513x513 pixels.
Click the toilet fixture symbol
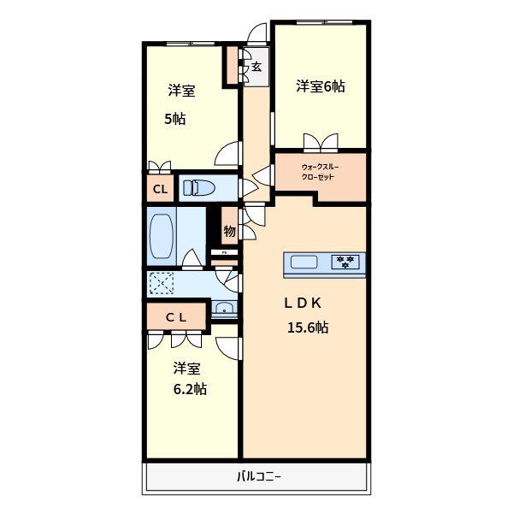[x=199, y=188]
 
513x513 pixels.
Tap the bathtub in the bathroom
[x=162, y=236]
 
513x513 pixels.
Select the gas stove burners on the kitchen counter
[x=345, y=262]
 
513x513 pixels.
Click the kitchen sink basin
[x=304, y=262]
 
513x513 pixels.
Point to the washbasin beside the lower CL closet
[x=224, y=308]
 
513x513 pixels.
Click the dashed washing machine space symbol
[x=162, y=283]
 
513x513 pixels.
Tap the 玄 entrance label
[x=256, y=67]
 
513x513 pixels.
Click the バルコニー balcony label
[x=259, y=476]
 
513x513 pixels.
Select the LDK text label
[x=303, y=303]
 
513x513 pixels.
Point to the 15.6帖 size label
[x=308, y=327]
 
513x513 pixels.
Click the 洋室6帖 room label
[x=321, y=86]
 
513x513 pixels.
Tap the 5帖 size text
[x=174, y=119]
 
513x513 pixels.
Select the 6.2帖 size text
[x=190, y=389]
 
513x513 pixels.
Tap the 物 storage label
[x=230, y=232]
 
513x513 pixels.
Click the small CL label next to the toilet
[x=161, y=189]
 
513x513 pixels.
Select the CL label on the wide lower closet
[x=176, y=317]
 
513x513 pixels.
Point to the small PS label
[x=224, y=252]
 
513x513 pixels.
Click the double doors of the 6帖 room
[x=321, y=143]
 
